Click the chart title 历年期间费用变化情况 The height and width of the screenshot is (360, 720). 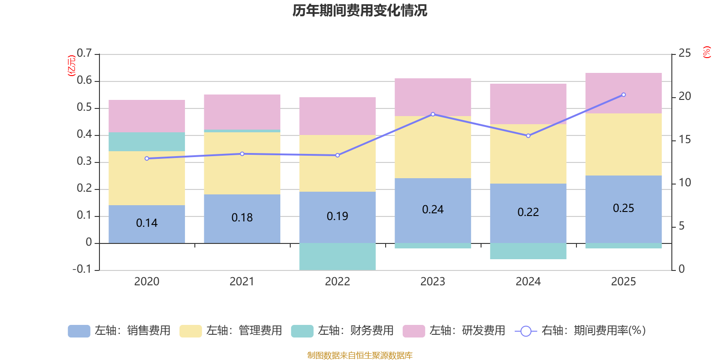click(x=360, y=10)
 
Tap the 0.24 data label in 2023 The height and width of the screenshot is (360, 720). click(x=432, y=210)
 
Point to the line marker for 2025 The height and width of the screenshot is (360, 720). click(x=623, y=95)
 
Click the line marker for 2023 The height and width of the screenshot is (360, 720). click(x=433, y=114)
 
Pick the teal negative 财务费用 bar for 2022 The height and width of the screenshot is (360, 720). click(x=337, y=256)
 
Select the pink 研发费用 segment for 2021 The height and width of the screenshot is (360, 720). click(x=242, y=112)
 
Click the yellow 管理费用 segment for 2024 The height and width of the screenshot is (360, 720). click(x=528, y=153)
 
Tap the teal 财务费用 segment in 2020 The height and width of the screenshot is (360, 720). click(x=147, y=141)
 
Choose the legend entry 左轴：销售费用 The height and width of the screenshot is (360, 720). click(x=119, y=331)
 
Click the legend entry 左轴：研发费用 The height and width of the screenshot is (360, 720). click(x=454, y=331)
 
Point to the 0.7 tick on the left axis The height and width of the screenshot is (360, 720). click(x=84, y=54)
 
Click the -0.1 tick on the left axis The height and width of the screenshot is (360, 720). click(x=82, y=269)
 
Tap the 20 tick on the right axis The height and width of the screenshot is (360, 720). click(x=684, y=96)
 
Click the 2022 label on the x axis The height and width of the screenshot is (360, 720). click(x=337, y=282)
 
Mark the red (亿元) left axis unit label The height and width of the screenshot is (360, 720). click(x=71, y=66)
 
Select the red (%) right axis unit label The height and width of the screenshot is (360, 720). click(x=707, y=52)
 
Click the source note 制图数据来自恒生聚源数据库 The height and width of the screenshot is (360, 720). click(x=360, y=355)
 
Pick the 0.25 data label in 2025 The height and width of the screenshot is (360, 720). click(x=623, y=208)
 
